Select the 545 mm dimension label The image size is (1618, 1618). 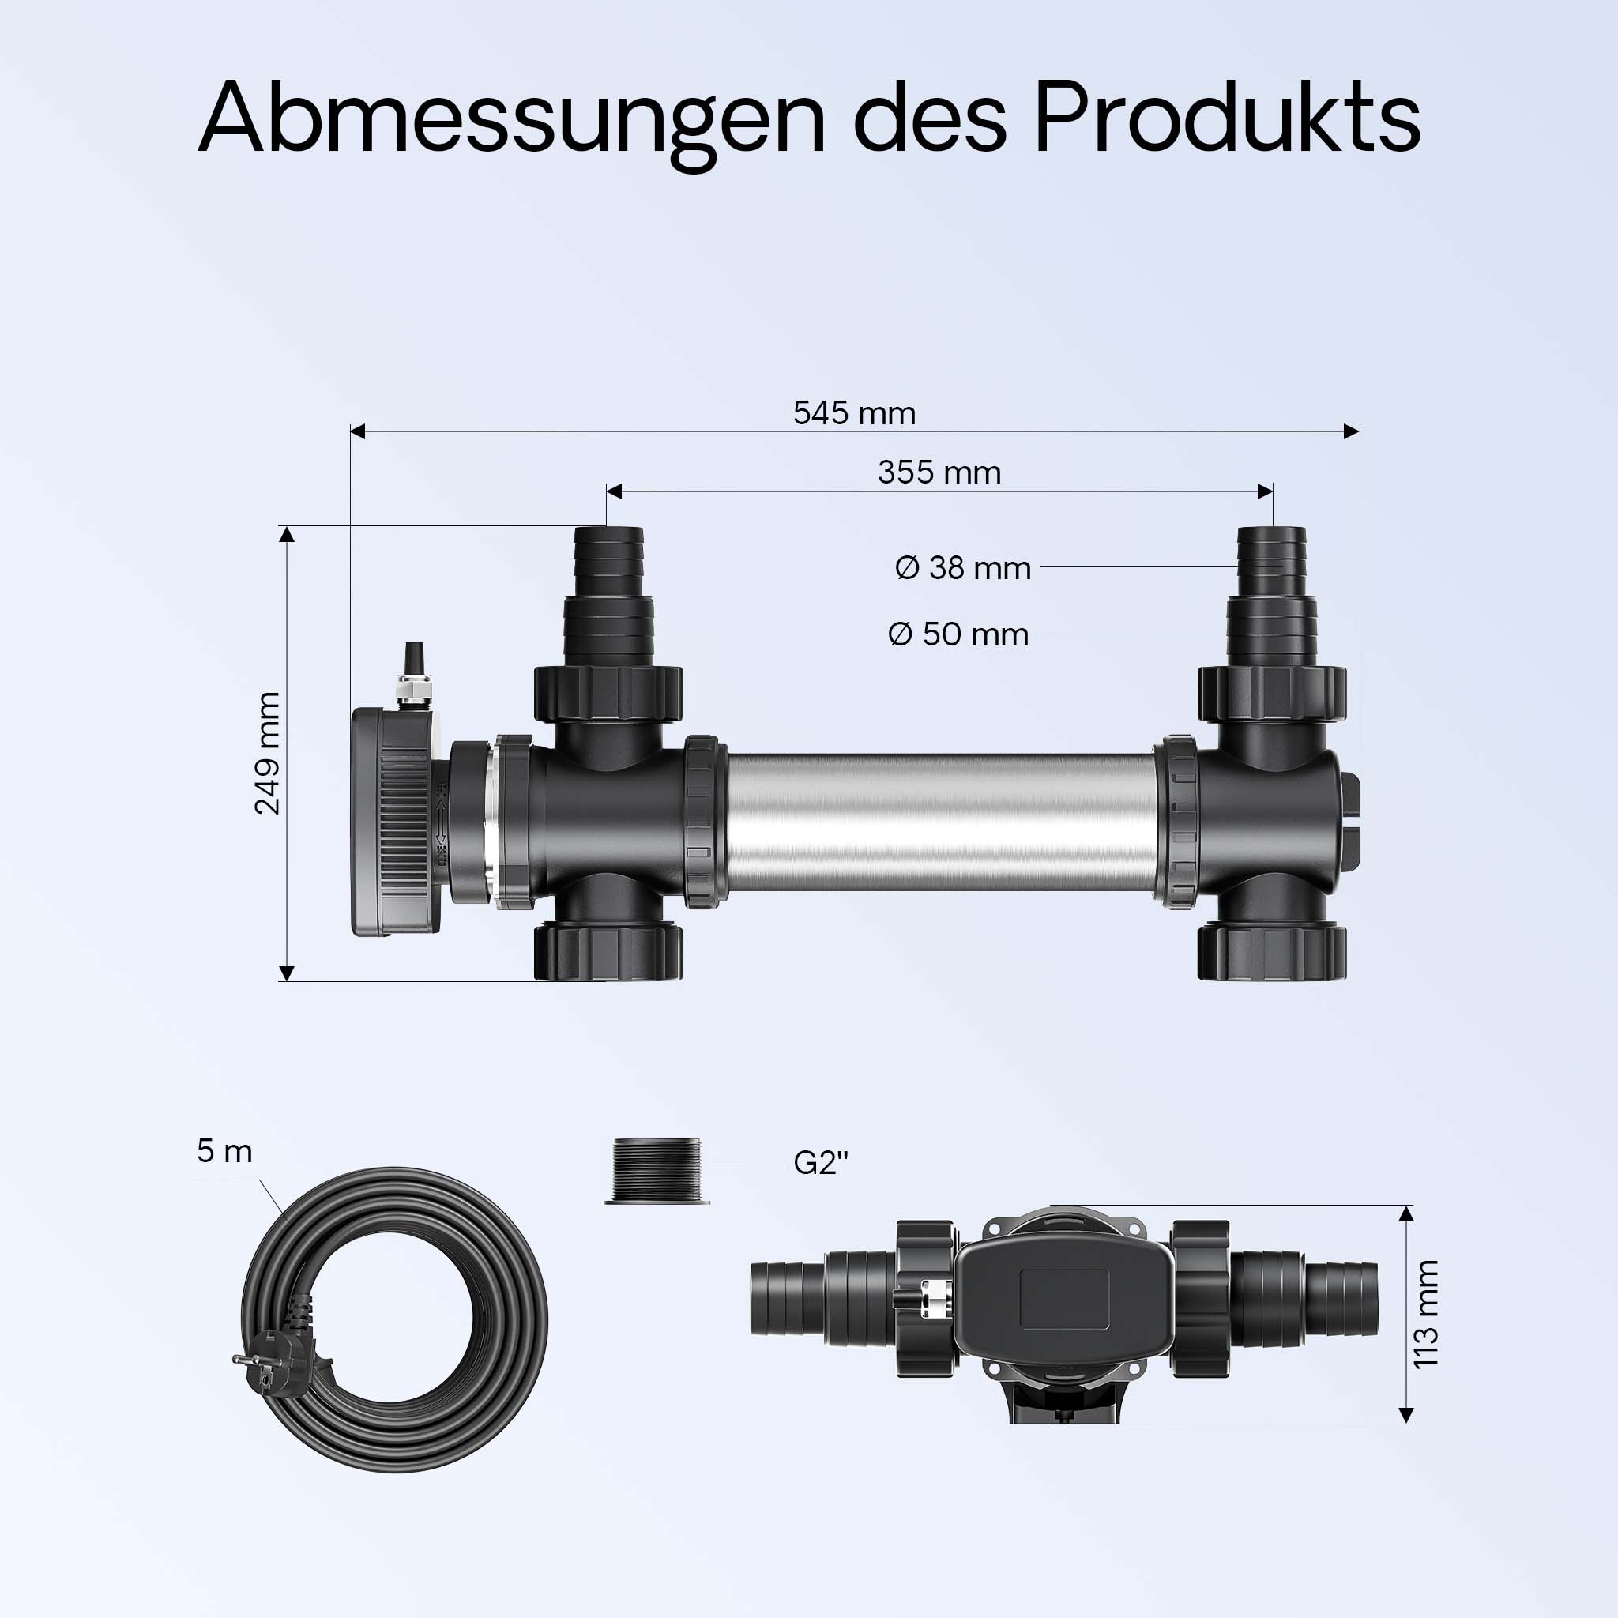[854, 413]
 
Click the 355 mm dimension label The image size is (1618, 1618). [939, 472]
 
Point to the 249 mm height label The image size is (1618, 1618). [267, 753]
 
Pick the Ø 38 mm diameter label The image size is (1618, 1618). [963, 568]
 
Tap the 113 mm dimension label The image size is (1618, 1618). [1426, 1314]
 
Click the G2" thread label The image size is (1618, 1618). [821, 1163]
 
